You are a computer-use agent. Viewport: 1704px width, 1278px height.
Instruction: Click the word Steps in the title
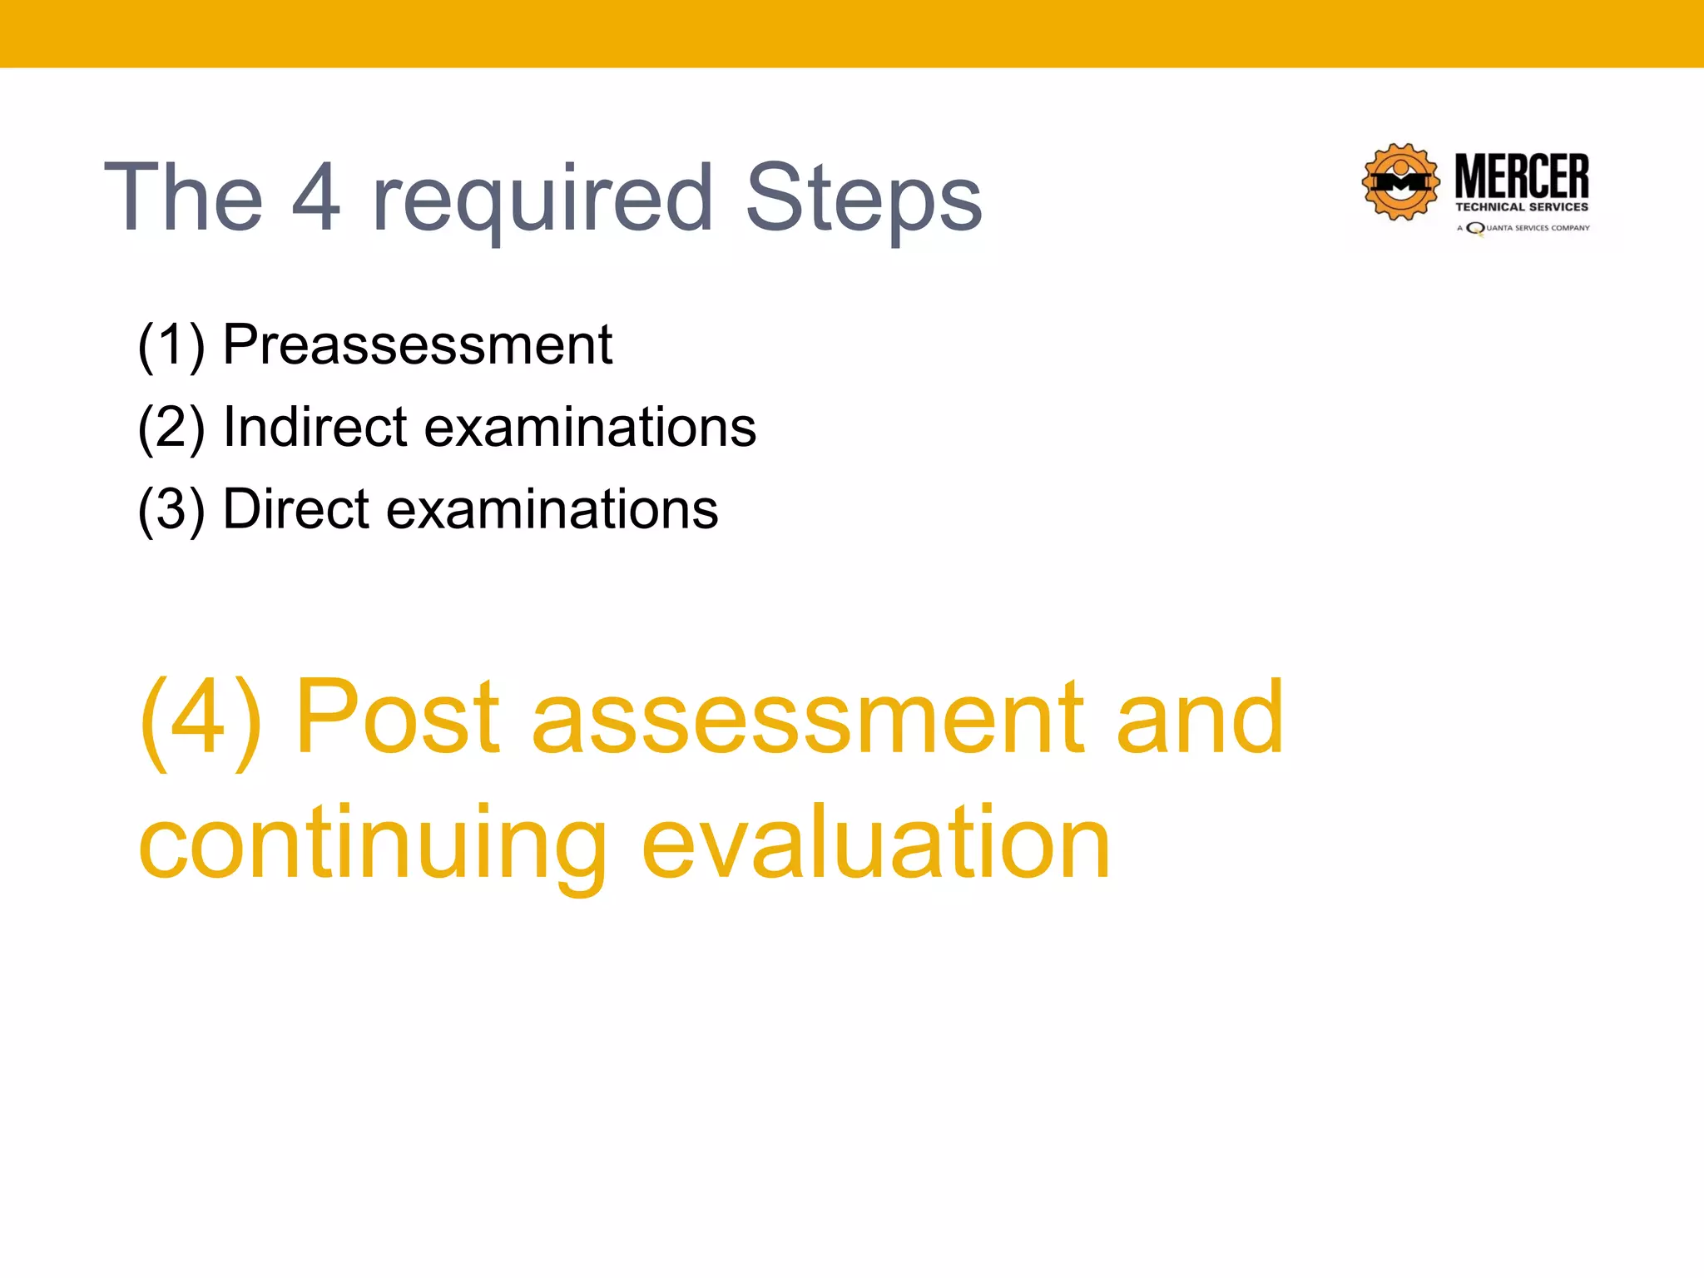coord(863,200)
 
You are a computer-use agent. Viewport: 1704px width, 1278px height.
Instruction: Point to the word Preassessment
coord(418,345)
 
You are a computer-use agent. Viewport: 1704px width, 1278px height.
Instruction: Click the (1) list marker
coord(171,345)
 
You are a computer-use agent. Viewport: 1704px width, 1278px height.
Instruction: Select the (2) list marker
coord(171,428)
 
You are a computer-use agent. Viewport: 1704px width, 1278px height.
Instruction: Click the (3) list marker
coord(171,509)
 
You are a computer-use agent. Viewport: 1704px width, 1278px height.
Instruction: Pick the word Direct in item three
coord(295,508)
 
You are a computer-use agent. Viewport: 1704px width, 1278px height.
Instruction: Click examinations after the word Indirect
coord(590,428)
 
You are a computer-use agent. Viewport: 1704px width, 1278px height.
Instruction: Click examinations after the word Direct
coord(552,509)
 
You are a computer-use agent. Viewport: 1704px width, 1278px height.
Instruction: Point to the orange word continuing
coord(372,845)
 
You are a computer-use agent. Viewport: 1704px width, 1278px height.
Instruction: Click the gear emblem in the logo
coord(1400,182)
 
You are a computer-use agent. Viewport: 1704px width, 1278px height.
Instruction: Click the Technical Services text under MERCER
coord(1522,207)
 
